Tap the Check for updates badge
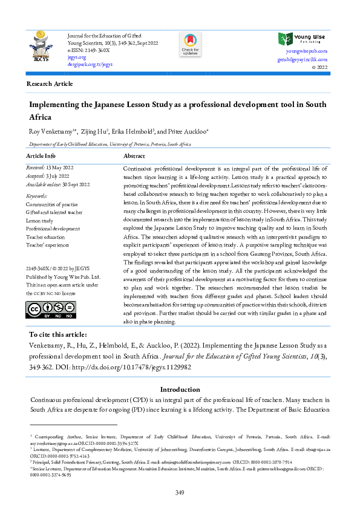click(189, 44)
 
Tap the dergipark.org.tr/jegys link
click(90, 64)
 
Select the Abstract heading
click(134, 156)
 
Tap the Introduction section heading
click(180, 390)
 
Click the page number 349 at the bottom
click(180, 494)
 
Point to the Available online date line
click(57, 184)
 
